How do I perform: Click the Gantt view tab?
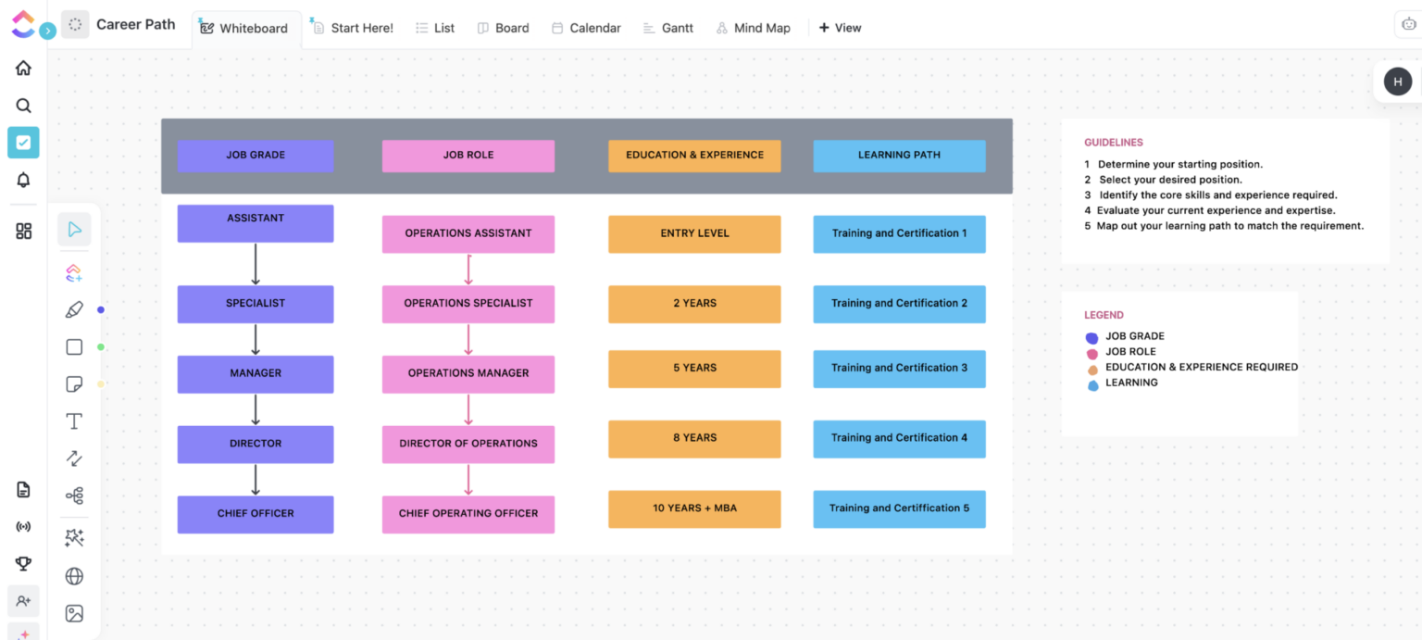667,28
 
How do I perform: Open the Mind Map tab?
753,28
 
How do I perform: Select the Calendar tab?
586,28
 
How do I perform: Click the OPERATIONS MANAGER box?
468,373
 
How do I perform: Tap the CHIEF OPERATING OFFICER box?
468,514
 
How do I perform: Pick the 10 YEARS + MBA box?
694,508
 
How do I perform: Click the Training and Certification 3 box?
899,369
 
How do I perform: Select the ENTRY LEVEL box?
694,233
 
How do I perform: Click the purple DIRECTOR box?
256,444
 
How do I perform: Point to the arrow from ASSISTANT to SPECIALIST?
256,264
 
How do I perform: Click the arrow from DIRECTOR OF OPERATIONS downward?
468,479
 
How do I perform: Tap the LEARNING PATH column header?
899,156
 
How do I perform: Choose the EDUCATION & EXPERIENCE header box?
694,156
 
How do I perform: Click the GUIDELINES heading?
1114,143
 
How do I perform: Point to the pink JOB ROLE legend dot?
1092,353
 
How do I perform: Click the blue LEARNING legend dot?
1092,384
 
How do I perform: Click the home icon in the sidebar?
24,68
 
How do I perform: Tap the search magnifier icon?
24,106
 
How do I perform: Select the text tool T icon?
74,421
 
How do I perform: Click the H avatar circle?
1398,82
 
